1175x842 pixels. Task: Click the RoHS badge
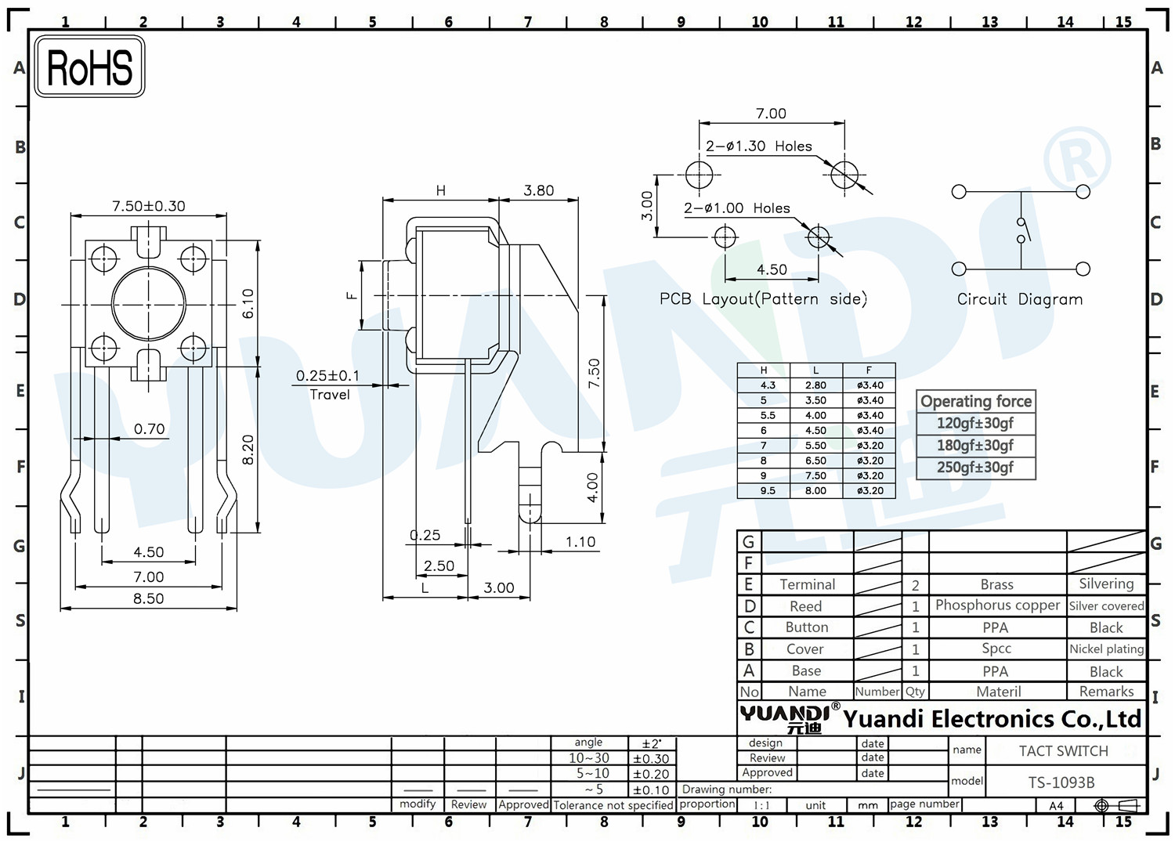(x=89, y=67)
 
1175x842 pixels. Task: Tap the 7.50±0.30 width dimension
(x=149, y=206)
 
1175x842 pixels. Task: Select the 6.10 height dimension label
(x=248, y=304)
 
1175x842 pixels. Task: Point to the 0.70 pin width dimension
(x=149, y=429)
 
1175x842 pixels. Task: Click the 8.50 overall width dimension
(x=149, y=598)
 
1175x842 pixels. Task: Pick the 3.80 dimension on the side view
(x=538, y=190)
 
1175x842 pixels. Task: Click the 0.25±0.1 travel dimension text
(x=328, y=376)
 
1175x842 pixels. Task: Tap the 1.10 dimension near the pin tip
(x=580, y=542)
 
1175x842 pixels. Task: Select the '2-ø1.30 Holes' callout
(x=758, y=146)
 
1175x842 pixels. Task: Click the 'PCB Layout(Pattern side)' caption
(x=763, y=299)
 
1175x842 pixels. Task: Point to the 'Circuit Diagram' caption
(x=1020, y=299)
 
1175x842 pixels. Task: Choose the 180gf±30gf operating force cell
(x=976, y=446)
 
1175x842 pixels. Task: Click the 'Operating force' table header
(x=976, y=401)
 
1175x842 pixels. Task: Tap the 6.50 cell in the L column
(x=815, y=461)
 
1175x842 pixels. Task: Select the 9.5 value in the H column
(x=768, y=491)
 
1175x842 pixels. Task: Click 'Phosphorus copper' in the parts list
(x=997, y=605)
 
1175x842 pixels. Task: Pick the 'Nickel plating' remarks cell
(x=1106, y=649)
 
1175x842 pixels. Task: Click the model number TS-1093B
(x=1061, y=782)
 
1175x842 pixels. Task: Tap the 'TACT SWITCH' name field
(x=1063, y=751)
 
